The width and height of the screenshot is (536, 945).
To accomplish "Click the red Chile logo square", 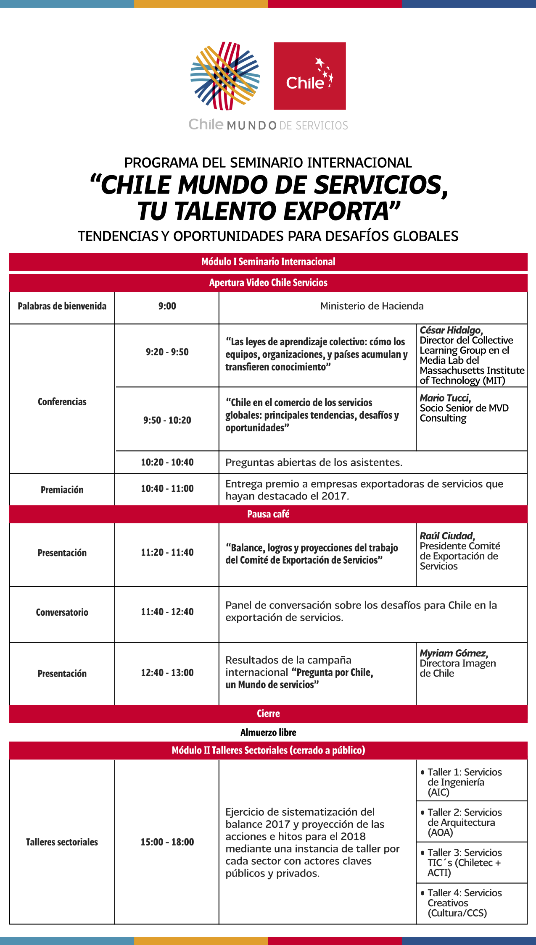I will click(x=310, y=76).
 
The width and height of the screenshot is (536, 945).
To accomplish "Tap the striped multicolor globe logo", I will click(x=225, y=76).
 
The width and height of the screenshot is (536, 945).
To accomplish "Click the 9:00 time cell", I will click(x=167, y=306).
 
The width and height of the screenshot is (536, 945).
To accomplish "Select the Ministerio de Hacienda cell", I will click(x=372, y=306).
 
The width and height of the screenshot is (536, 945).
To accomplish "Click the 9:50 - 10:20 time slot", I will click(x=167, y=420).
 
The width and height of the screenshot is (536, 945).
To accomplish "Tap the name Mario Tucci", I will click(x=445, y=398).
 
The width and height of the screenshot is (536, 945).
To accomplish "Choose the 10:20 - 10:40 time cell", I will click(x=167, y=462).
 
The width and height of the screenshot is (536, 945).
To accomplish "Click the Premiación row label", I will click(x=62, y=490).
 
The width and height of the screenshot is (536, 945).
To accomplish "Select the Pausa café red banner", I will click(x=268, y=514).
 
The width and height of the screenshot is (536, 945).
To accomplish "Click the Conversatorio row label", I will click(x=62, y=612).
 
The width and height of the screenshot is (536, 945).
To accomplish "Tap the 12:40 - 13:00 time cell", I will click(x=167, y=673).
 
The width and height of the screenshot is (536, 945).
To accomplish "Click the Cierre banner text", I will click(x=268, y=714).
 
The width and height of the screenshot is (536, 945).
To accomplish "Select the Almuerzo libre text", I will click(x=268, y=732).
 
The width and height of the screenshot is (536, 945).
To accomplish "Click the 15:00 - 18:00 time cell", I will click(x=167, y=842).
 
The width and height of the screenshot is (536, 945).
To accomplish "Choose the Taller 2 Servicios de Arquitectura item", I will click(x=464, y=822).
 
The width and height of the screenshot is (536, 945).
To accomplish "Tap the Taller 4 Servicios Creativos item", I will click(x=464, y=903).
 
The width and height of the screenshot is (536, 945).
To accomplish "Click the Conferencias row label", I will click(x=62, y=402).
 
